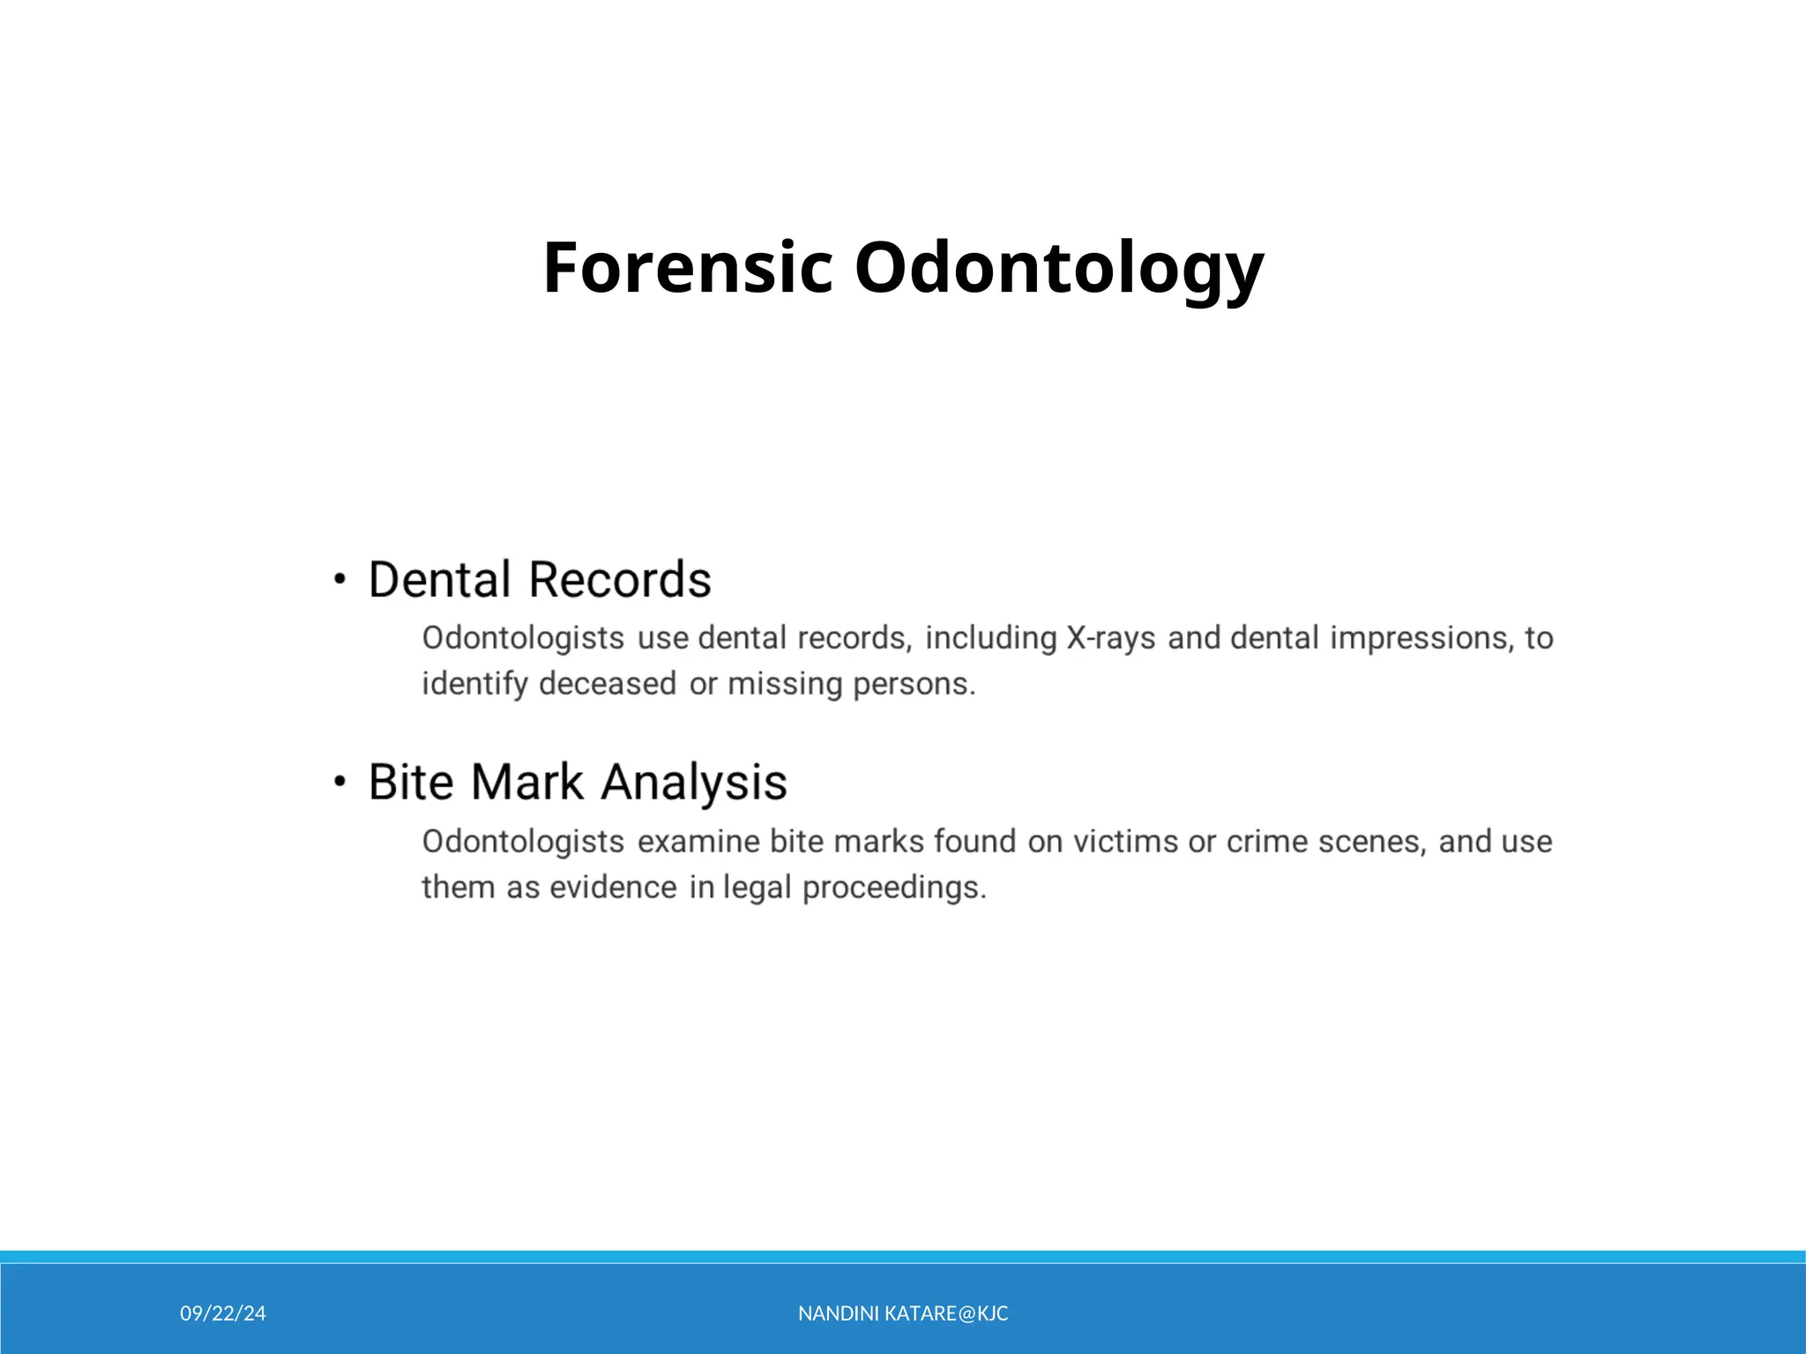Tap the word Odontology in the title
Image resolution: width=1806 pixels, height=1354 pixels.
pyautogui.click(x=1059, y=267)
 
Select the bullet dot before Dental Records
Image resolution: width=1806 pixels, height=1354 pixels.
pyautogui.click(x=340, y=580)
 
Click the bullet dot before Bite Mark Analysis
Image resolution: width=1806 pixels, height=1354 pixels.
pyautogui.click(x=340, y=782)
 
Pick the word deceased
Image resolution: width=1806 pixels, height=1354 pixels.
pyautogui.click(x=608, y=684)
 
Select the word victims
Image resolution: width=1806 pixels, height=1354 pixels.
pyautogui.click(x=1125, y=842)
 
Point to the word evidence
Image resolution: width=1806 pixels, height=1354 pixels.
pyautogui.click(x=613, y=888)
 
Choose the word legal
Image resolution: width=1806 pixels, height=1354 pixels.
pyautogui.click(x=757, y=888)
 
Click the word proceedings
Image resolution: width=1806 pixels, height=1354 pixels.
pyautogui.click(x=894, y=888)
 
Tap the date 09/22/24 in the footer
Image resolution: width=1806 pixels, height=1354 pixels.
pyautogui.click(x=223, y=1313)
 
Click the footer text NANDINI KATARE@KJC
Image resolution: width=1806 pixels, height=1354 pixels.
pyautogui.click(x=903, y=1313)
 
